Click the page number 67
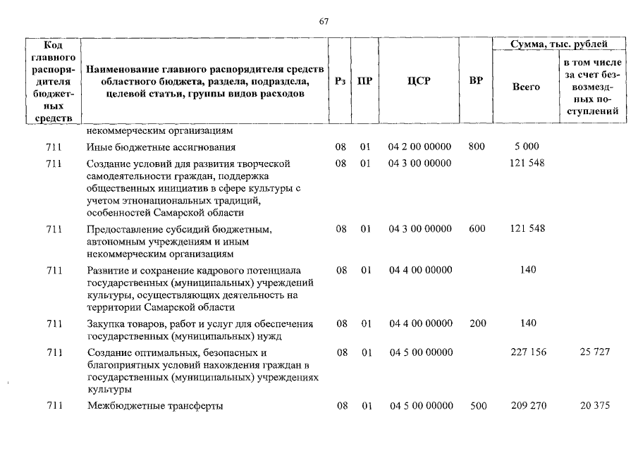pyautogui.click(x=324, y=20)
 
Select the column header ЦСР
pyautogui.click(x=419, y=81)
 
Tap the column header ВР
pyautogui.click(x=476, y=81)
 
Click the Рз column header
pyautogui.click(x=341, y=81)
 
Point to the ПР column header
pyautogui.click(x=364, y=81)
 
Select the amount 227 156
pyautogui.click(x=528, y=352)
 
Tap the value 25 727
pyautogui.click(x=594, y=352)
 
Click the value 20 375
pyautogui.click(x=594, y=405)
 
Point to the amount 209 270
pyautogui.click(x=528, y=405)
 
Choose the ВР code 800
pyautogui.click(x=477, y=147)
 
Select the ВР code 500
pyautogui.click(x=477, y=405)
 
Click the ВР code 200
pyautogui.click(x=477, y=323)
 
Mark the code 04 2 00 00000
pyautogui.click(x=419, y=147)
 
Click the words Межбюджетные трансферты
pyautogui.click(x=155, y=406)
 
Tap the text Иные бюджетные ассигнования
pyautogui.click(x=161, y=147)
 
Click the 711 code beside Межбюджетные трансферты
pyautogui.click(x=54, y=405)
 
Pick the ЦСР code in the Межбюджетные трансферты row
pyautogui.click(x=420, y=405)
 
